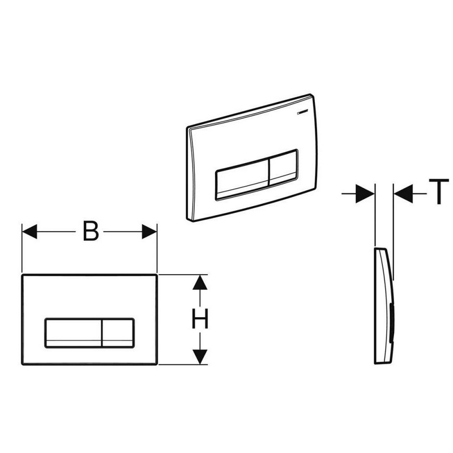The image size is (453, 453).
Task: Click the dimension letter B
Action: coord(91,232)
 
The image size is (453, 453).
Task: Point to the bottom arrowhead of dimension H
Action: coord(199,357)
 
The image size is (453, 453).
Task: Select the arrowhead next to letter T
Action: coord(402,194)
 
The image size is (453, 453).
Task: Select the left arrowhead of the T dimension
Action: coord(367,194)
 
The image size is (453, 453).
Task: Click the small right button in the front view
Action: coord(117,331)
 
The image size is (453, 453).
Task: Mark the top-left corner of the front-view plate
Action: coord(23,276)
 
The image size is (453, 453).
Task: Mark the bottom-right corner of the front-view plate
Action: coord(156,364)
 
